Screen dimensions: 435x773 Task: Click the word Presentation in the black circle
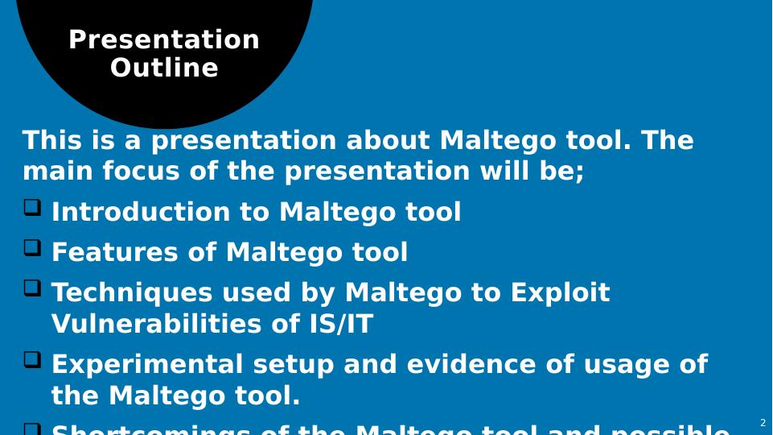pyautogui.click(x=164, y=39)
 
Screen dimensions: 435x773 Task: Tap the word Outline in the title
pyautogui.click(x=164, y=68)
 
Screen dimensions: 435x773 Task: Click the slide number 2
pyautogui.click(x=763, y=422)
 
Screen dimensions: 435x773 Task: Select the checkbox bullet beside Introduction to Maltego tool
pyautogui.click(x=32, y=208)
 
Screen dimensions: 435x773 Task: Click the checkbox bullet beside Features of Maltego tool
pyautogui.click(x=32, y=248)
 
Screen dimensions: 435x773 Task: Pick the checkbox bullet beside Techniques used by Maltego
pyautogui.click(x=32, y=288)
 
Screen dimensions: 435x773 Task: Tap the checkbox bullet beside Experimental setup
pyautogui.click(x=32, y=360)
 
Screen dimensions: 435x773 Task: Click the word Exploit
pyautogui.click(x=560, y=292)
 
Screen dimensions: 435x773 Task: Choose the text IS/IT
pyautogui.click(x=342, y=324)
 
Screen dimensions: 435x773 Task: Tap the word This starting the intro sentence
pyautogui.click(x=52, y=140)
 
